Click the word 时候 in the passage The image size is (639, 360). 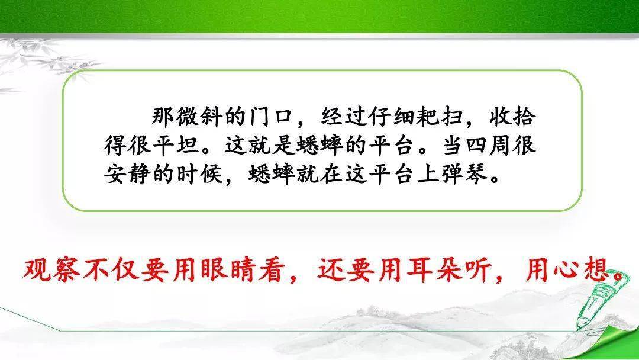tap(199, 174)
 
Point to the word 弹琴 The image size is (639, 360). tap(464, 174)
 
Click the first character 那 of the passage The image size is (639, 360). tap(163, 117)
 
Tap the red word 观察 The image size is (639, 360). tap(51, 269)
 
